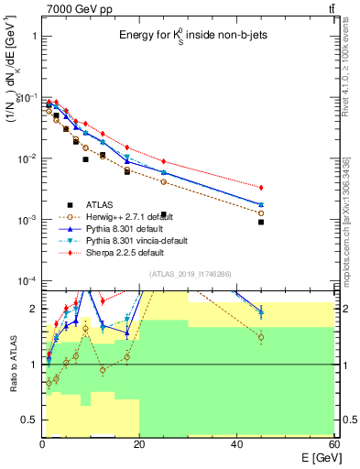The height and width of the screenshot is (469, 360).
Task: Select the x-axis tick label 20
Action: click(x=139, y=444)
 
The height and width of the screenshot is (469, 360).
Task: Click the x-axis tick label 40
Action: click(x=236, y=444)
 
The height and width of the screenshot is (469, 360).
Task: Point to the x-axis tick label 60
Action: click(x=333, y=444)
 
